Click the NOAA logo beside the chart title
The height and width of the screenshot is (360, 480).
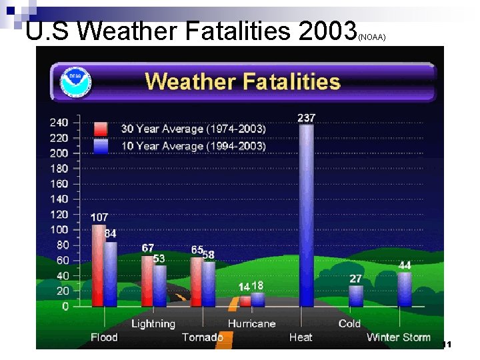[x=75, y=82]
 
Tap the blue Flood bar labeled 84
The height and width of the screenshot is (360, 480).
[x=111, y=274]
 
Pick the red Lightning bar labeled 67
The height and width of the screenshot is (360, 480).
[x=147, y=281]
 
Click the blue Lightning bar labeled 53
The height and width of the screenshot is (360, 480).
[x=160, y=286]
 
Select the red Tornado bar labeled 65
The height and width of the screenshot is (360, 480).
[x=197, y=281]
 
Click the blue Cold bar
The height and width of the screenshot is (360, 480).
[x=356, y=296]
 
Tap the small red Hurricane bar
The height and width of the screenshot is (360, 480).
[x=245, y=301]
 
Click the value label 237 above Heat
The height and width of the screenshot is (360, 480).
[x=306, y=118]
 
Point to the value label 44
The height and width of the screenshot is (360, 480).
[x=405, y=265]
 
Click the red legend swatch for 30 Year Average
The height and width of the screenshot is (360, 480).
[x=101, y=129]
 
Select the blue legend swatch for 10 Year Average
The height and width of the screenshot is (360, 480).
[x=101, y=145]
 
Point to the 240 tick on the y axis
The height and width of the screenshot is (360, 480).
[x=59, y=123]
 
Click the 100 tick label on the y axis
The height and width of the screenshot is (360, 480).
[x=59, y=230]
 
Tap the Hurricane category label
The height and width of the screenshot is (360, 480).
[x=251, y=324]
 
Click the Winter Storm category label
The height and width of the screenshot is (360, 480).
[x=398, y=337]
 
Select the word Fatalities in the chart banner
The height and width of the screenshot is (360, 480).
[x=290, y=82]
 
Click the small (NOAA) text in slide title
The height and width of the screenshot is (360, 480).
[x=372, y=38]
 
